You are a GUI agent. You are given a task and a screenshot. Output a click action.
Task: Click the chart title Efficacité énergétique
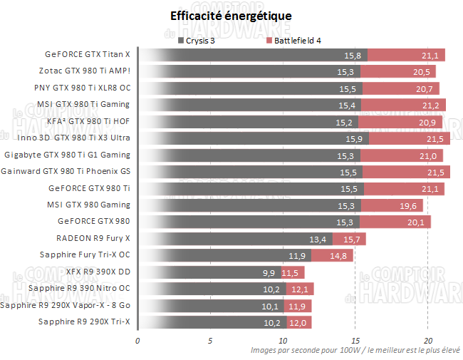231,16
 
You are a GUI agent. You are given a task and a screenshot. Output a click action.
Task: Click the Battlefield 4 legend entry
293,41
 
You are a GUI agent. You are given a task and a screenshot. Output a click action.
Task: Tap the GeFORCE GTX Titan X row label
88,54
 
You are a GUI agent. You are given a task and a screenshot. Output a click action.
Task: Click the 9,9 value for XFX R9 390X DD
268,272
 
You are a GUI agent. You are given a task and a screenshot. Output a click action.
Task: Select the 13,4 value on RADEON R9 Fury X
318,239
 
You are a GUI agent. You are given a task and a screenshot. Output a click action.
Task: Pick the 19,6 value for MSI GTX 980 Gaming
409,205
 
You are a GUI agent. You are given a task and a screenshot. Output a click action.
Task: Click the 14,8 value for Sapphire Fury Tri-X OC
338,255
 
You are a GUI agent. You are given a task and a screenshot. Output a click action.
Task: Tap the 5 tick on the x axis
210,340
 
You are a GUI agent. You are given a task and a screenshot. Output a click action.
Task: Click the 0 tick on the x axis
137,340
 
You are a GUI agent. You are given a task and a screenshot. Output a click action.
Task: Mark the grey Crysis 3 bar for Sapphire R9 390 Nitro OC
212,289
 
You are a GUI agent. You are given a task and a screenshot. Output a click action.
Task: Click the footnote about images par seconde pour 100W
355,350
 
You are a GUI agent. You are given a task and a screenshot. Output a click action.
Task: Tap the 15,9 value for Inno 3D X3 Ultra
353,138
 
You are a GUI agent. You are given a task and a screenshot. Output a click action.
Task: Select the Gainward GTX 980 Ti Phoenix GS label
66,171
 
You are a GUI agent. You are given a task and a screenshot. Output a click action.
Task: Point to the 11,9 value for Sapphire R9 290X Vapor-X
297,306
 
